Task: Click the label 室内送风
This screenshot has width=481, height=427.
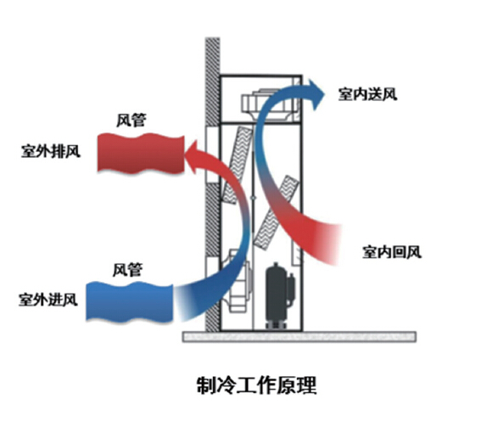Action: pos(367,94)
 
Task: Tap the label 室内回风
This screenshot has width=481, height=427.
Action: pos(392,252)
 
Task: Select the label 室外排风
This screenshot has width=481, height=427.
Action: pos(51,151)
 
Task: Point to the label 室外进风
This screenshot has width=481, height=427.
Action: pos(48,300)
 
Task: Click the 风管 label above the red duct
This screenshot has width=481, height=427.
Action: pos(131,120)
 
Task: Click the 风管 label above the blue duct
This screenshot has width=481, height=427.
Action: pos(127,270)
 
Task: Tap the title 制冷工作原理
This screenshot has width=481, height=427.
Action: pos(256,385)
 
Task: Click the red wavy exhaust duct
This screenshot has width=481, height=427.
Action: pos(141,154)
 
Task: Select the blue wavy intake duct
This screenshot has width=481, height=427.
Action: pos(130,302)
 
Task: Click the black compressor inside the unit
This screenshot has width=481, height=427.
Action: pos(280,295)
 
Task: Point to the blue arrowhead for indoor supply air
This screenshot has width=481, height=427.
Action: pos(316,94)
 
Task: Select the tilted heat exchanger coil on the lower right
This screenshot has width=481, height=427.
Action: pos(276,212)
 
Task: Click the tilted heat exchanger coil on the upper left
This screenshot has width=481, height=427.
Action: pos(238,166)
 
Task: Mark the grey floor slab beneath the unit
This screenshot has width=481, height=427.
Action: pos(299,337)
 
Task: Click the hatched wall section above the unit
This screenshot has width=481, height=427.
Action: pos(213,81)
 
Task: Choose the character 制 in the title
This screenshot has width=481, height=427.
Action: pos(206,385)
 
